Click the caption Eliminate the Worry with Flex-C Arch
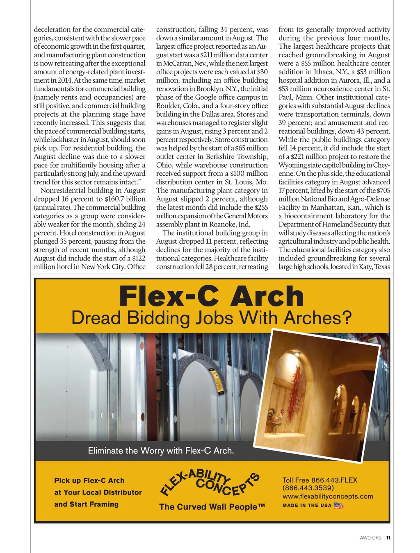click(161, 451)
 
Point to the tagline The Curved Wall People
click(212, 507)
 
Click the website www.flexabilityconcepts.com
click(328, 496)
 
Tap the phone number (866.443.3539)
click(308, 488)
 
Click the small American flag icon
click(338, 505)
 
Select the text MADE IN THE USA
click(307, 505)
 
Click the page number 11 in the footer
click(388, 538)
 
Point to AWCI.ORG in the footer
click(370, 538)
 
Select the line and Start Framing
click(86, 504)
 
